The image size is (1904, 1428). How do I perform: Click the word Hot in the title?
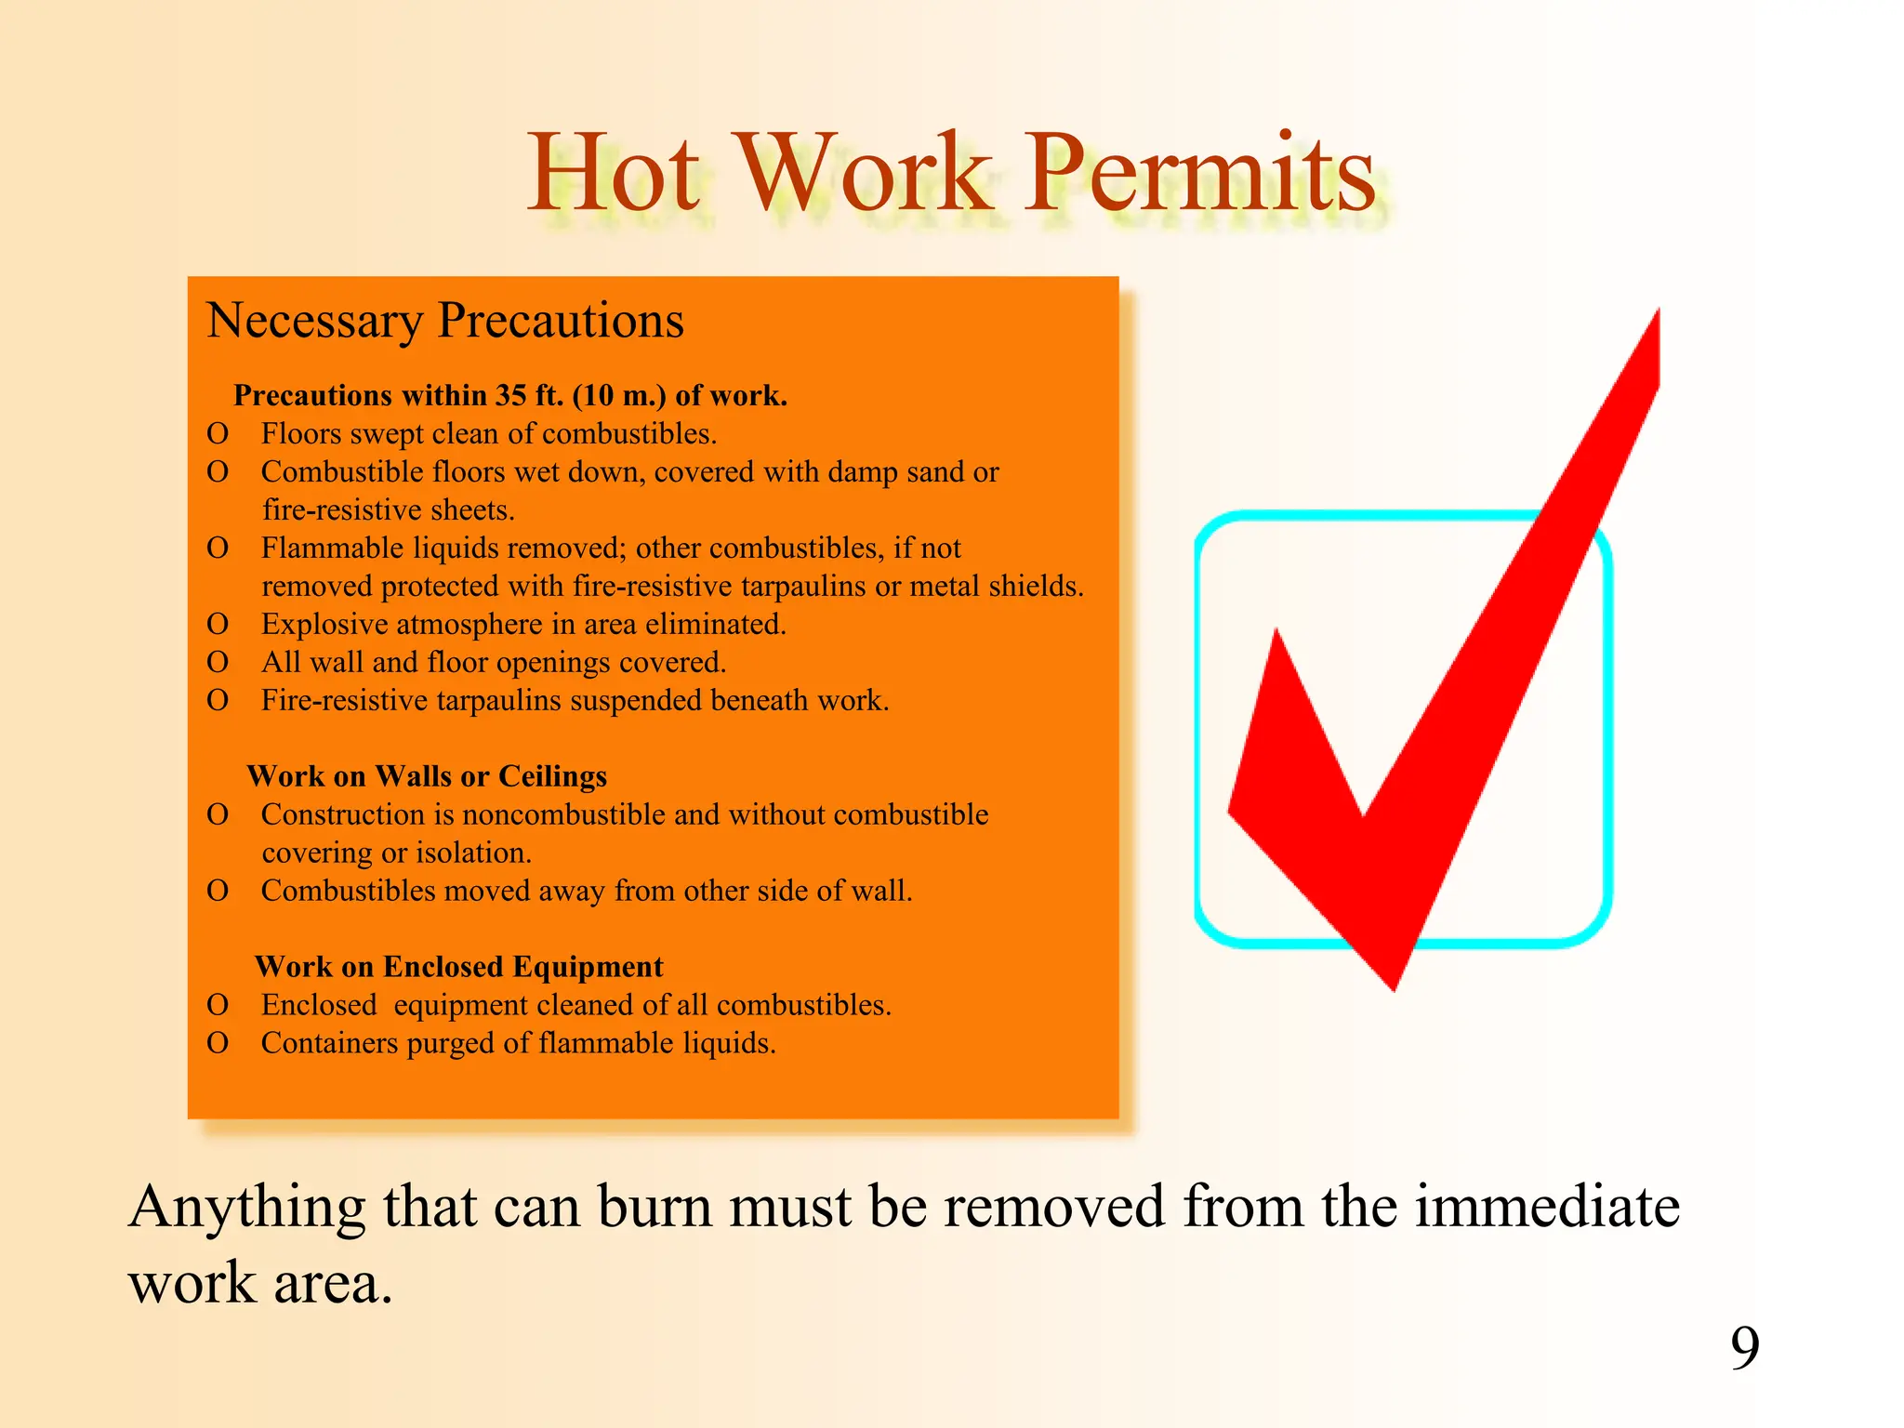click(614, 175)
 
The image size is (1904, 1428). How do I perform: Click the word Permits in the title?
click(1199, 175)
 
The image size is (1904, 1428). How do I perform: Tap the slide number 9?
click(1745, 1347)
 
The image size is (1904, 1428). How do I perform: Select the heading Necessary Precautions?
click(444, 321)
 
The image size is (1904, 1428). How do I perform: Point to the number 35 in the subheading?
click(510, 396)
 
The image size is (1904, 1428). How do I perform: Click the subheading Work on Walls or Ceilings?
click(427, 776)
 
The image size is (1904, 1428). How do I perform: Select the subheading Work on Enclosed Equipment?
click(458, 967)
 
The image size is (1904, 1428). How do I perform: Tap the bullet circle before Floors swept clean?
click(218, 434)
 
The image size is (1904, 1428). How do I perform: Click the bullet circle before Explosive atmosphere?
click(218, 625)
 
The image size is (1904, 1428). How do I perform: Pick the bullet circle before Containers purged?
click(218, 1043)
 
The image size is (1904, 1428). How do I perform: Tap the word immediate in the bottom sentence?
click(1547, 1208)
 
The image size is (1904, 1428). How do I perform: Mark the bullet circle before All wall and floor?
click(218, 663)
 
